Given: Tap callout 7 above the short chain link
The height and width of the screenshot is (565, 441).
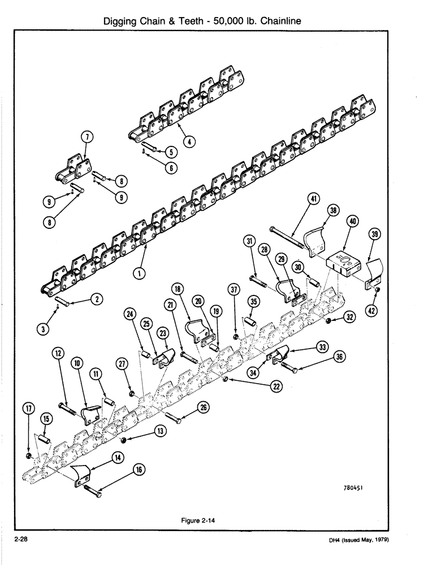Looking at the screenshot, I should (x=87, y=137).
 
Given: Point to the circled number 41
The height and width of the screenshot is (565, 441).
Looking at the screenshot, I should (x=314, y=198).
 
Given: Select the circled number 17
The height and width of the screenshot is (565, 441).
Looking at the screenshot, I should (x=28, y=408).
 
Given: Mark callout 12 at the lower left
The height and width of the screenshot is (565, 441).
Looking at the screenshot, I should (x=58, y=353).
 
